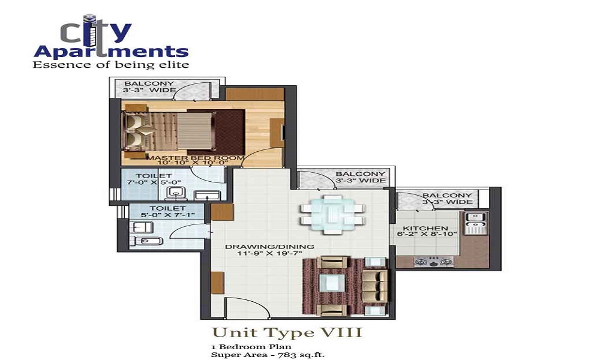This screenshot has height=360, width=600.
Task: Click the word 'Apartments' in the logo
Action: click(111, 50)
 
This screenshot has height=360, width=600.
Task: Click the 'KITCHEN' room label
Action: click(425, 229)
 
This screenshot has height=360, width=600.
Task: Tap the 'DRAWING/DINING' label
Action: click(269, 247)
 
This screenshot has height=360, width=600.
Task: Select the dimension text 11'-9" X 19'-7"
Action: click(269, 254)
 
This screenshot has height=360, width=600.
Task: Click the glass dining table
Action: click(332, 212)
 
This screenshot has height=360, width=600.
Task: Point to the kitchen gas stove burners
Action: click(433, 262)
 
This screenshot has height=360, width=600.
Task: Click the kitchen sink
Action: click(478, 217)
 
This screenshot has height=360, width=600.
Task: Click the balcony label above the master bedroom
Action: click(149, 87)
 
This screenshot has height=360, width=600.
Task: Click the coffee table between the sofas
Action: click(332, 282)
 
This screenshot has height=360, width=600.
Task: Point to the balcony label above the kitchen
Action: click(447, 199)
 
